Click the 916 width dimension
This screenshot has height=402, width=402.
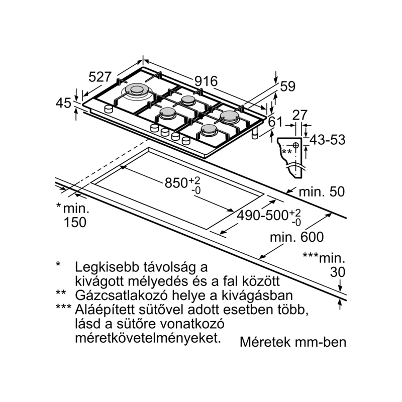[x=206, y=81]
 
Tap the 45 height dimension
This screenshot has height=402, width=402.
[x=64, y=104]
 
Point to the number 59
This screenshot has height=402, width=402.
[x=287, y=86]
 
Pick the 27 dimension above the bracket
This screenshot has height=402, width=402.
[x=299, y=115]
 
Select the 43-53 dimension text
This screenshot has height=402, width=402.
[x=327, y=140]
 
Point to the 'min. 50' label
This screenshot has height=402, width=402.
[x=322, y=191]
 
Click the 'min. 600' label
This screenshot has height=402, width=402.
[x=296, y=237]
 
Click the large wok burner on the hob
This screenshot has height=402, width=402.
[x=136, y=91]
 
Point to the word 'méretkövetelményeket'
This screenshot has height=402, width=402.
[x=147, y=336]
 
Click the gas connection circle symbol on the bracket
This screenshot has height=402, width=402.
[x=296, y=146]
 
